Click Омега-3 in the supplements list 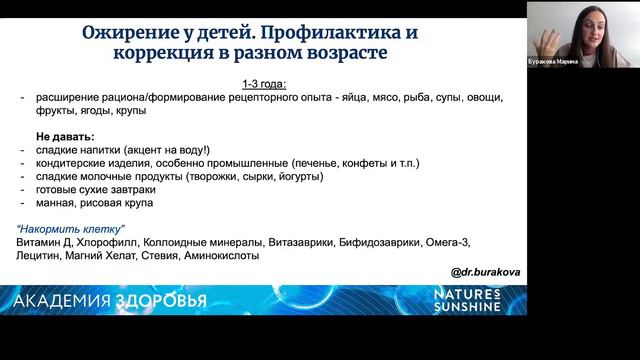point(448,242)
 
